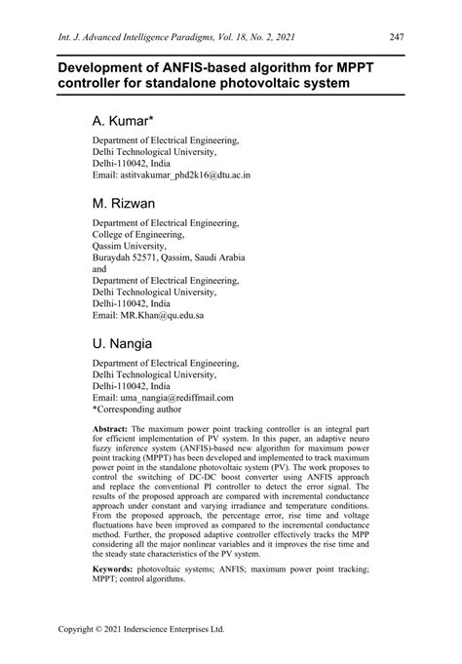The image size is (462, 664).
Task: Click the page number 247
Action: (396, 38)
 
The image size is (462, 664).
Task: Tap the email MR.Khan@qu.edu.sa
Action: (148, 317)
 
